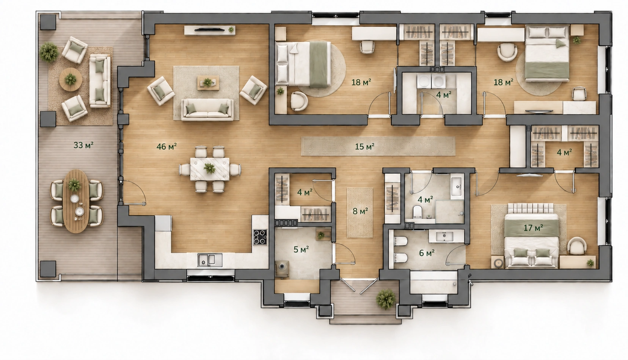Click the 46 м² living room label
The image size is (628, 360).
166,146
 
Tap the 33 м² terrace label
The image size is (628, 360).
83,145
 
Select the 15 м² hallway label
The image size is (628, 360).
365,146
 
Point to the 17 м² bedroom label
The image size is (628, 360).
533,228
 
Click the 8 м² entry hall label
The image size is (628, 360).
360,211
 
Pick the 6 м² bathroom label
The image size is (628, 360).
427,253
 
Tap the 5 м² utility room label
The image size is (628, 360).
301,249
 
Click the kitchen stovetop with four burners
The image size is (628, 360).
260,237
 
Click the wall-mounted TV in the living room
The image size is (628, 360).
210,29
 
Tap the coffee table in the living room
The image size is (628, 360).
208,82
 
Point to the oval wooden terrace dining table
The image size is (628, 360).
76,201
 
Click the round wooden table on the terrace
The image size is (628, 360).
71,79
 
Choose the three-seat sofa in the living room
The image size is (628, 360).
207,110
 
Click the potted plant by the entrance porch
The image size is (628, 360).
386,299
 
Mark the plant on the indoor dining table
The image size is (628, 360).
209,168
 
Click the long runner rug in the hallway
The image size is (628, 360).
378,146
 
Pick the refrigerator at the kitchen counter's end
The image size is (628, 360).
163,223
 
